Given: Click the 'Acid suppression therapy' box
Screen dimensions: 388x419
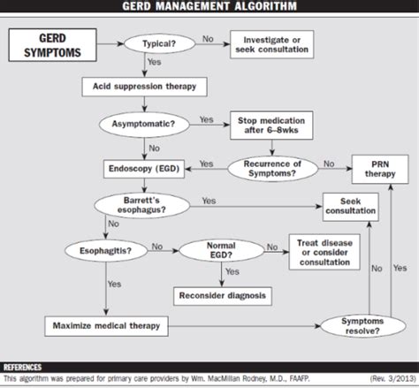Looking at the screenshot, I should [144, 87].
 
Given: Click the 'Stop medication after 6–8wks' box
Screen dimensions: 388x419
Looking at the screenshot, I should [269, 125].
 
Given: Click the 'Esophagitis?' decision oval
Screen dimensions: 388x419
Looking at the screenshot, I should [99, 250].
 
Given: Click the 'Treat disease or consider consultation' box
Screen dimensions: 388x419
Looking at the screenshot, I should [327, 251].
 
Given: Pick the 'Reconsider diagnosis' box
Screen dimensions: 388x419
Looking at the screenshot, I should [223, 294].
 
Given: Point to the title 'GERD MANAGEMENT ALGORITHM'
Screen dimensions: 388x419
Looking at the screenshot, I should [209, 8].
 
